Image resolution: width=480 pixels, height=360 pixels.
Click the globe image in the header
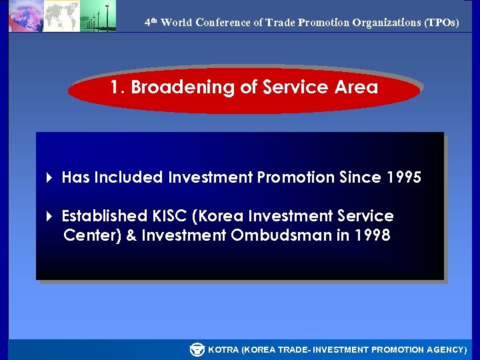point(25,17)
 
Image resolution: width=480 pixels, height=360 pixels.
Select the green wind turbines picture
point(98,16)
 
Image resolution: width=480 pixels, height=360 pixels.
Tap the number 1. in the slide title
point(118,87)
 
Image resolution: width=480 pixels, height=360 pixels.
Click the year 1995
point(403,177)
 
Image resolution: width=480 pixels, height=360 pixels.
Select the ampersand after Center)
point(130,235)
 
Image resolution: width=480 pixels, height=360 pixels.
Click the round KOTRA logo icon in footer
point(197,349)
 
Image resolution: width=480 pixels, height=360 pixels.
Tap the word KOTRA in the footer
point(223,349)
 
